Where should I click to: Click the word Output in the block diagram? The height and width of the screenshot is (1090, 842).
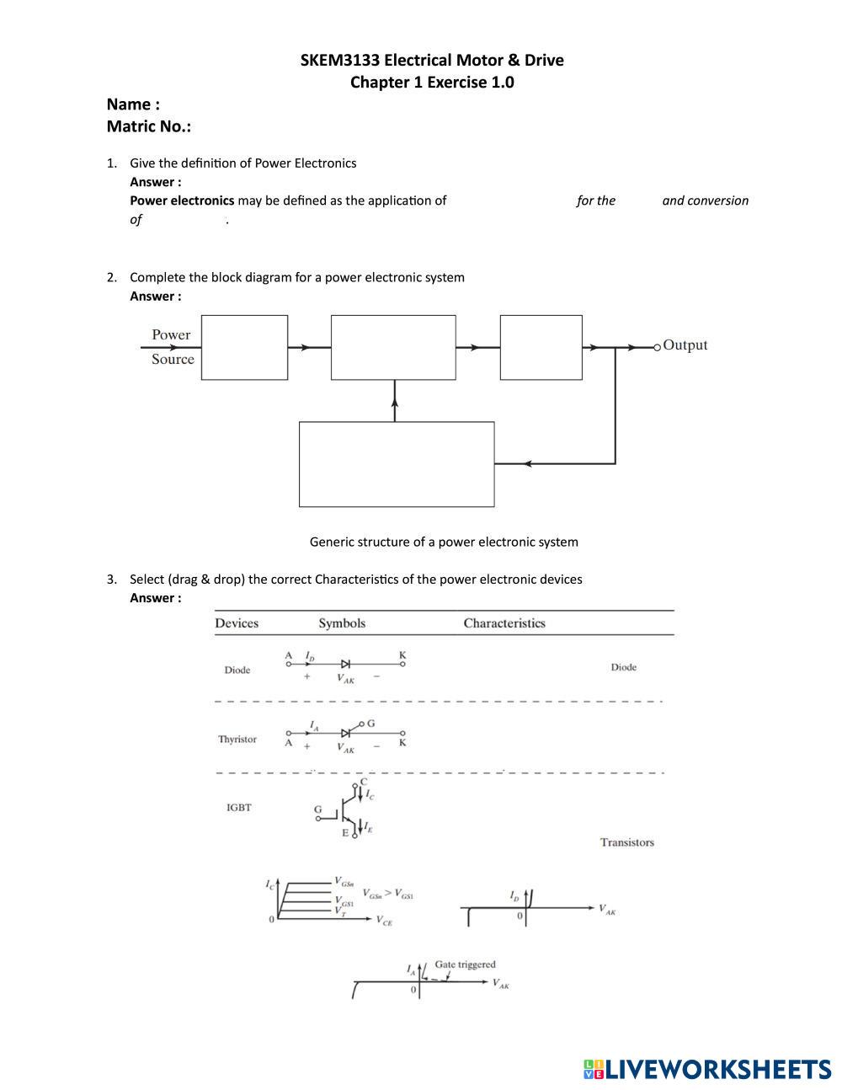[685, 345]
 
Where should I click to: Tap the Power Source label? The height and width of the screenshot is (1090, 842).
[172, 347]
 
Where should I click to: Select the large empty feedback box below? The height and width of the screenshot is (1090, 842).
[397, 464]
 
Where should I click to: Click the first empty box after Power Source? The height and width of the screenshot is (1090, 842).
[244, 347]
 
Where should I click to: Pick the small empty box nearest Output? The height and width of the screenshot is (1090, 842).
[541, 347]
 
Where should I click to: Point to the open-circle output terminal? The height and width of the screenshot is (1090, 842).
[658, 347]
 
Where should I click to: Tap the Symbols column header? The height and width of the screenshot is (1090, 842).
[342, 623]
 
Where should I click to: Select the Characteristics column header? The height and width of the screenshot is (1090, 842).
[504, 623]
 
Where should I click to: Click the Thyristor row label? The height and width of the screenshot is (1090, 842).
[237, 740]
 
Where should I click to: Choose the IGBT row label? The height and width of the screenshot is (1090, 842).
[238, 808]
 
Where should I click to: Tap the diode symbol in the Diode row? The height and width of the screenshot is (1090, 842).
[345, 664]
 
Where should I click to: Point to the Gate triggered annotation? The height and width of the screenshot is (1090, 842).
[465, 964]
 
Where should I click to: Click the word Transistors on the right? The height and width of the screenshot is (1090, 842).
[626, 842]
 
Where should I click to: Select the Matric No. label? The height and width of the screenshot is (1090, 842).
[148, 126]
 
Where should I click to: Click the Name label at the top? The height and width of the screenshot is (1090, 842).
[133, 104]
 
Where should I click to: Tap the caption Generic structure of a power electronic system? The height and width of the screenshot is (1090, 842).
[444, 542]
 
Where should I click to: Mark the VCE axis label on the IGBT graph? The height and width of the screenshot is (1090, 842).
[383, 922]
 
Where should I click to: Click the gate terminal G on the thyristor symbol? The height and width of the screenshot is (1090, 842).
[370, 724]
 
